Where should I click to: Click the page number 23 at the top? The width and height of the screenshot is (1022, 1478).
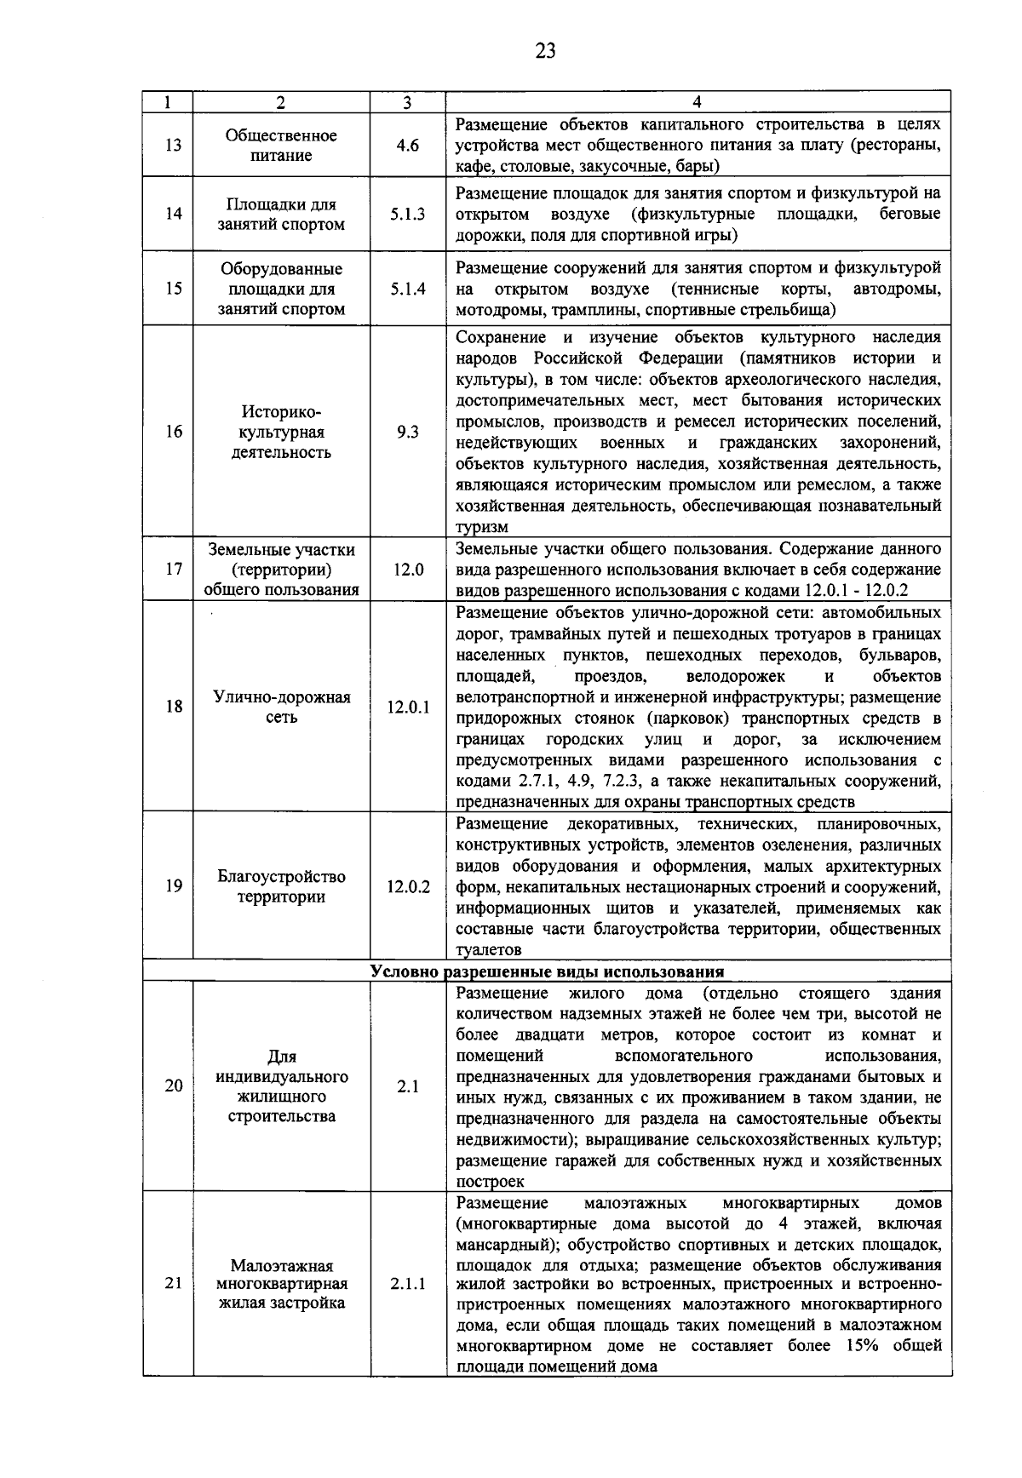[545, 51]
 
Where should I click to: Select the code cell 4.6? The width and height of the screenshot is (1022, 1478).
[408, 146]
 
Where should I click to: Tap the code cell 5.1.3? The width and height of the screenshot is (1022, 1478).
[408, 214]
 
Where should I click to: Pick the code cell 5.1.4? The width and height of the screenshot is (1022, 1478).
[408, 289]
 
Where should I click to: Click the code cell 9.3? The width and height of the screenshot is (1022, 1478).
[408, 432]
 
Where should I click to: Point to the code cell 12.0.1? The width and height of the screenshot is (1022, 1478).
[408, 707]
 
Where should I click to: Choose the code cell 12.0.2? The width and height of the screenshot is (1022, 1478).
[408, 886]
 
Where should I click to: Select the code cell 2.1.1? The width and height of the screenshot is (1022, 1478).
[408, 1284]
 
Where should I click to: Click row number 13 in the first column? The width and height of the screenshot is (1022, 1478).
[173, 146]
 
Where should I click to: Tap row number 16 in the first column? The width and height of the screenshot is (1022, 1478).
[173, 432]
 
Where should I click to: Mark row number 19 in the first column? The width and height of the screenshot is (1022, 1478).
[173, 886]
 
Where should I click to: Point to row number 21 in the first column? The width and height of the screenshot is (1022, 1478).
[173, 1284]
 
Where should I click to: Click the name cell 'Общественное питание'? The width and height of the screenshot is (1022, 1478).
[281, 146]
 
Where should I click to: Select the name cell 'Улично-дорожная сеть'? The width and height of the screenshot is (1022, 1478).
[281, 707]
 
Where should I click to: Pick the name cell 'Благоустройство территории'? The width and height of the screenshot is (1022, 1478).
[281, 886]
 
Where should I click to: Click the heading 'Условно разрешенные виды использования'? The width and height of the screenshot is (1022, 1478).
[547, 971]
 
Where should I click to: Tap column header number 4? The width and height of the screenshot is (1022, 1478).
[698, 102]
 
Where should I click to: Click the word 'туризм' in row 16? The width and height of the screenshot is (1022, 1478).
[482, 528]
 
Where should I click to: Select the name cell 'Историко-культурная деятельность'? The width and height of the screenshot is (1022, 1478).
[281, 432]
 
